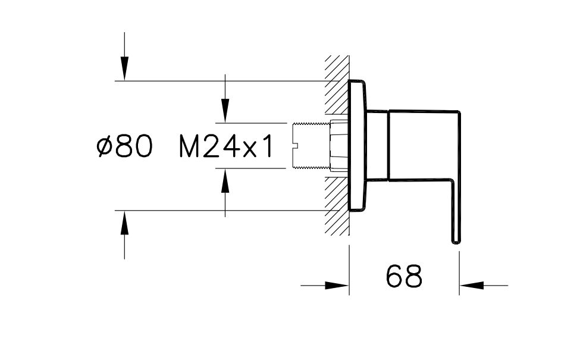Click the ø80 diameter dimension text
124,146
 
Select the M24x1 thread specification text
226,146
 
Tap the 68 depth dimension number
404,276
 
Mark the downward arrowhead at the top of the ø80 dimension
124,68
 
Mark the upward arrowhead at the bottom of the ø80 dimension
124,223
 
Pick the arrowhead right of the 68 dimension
471,286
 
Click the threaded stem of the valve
312,146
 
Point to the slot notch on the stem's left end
296,146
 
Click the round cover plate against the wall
358,146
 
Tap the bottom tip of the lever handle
456,240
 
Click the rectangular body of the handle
422,145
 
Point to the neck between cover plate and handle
377,145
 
